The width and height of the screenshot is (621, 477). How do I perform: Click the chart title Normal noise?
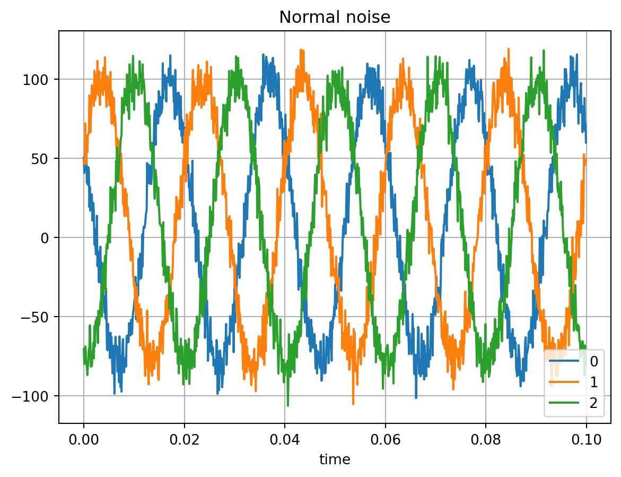click(x=335, y=18)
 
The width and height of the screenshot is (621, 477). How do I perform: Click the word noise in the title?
click(x=366, y=18)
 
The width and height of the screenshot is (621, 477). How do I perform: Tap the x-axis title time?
click(x=335, y=459)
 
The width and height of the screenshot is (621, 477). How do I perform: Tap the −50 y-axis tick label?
click(x=40, y=317)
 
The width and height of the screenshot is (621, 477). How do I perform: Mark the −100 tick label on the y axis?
click(x=36, y=396)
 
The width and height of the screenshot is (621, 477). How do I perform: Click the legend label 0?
click(x=594, y=362)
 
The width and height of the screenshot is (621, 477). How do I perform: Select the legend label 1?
click(x=594, y=382)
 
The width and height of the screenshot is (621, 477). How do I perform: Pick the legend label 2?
click(x=594, y=403)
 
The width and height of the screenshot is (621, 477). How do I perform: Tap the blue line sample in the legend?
click(x=564, y=362)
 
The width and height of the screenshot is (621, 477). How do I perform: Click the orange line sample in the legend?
click(x=564, y=382)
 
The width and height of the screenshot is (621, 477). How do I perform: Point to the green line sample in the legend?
click(x=564, y=403)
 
